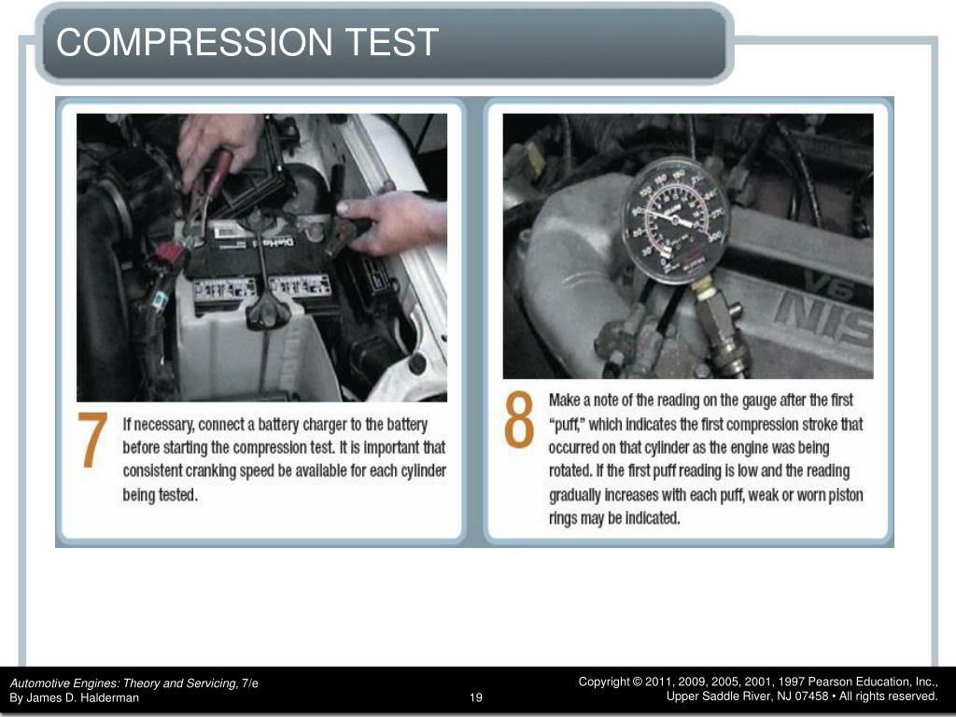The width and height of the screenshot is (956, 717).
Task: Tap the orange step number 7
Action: [x=92, y=439]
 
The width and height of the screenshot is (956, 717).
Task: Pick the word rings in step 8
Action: [x=564, y=518]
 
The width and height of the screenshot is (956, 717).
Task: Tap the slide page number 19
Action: [x=476, y=698]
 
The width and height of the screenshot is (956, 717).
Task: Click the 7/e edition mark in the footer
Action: [x=249, y=683]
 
